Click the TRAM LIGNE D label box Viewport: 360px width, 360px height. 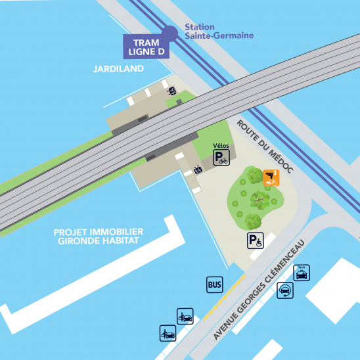146,46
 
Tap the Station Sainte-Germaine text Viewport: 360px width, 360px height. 210,32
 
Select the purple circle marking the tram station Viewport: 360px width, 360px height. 169,32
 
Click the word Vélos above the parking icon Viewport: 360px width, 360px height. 221,145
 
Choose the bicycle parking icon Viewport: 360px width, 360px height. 221,158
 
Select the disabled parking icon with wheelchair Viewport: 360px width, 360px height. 255,242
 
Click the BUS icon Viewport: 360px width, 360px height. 214,284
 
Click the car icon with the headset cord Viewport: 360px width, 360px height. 285,291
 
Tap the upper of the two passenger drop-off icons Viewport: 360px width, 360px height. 185,317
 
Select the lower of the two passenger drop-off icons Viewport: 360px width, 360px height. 168,333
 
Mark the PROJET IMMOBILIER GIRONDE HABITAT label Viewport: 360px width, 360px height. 99,236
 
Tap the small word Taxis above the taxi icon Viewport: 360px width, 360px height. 302,267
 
